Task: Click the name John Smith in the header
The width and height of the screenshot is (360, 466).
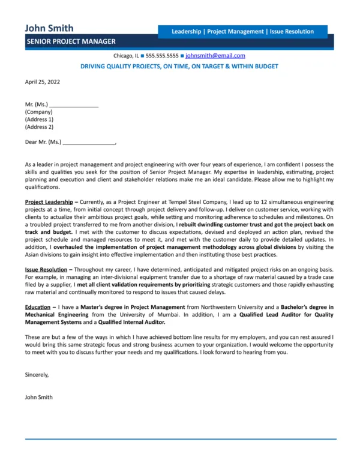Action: [49, 28]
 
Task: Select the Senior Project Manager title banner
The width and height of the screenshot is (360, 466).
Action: [71, 41]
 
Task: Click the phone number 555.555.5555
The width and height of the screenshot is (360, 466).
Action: [162, 55]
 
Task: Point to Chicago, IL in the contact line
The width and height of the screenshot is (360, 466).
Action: [125, 55]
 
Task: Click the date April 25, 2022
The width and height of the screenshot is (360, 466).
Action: [43, 82]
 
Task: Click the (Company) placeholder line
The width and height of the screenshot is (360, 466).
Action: [39, 112]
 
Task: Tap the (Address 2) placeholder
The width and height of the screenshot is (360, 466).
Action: [39, 127]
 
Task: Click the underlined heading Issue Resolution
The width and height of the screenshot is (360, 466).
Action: [46, 270]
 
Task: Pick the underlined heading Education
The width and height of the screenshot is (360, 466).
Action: [38, 307]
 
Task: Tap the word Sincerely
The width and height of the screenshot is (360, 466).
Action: [37, 374]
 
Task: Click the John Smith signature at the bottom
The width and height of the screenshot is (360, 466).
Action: [39, 397]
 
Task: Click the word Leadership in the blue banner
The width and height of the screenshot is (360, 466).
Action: [186, 32]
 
